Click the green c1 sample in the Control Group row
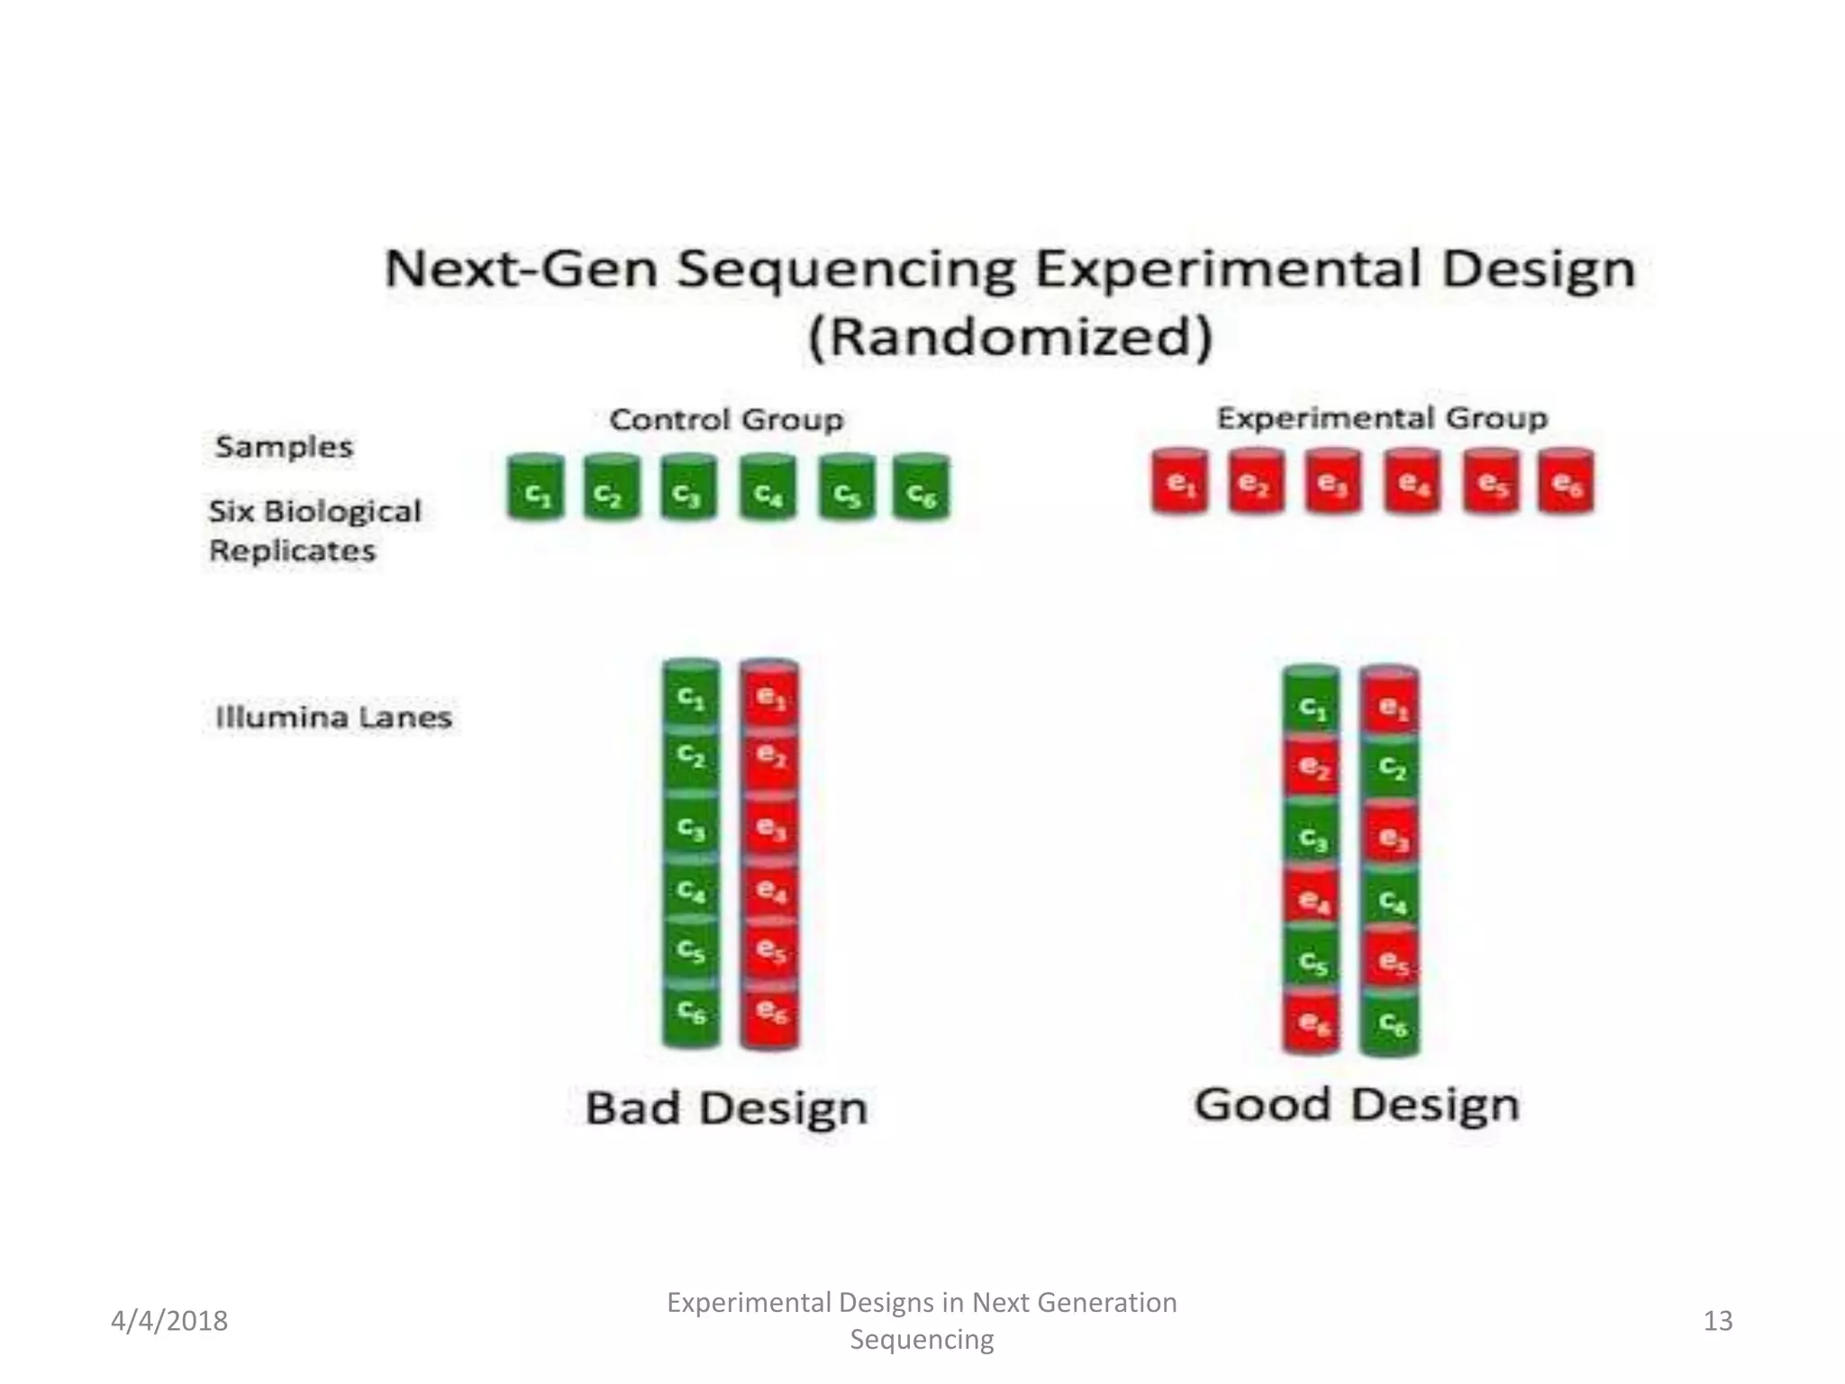[x=536, y=488]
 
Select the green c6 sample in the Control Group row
[x=921, y=488]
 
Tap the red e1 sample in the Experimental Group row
[x=1179, y=483]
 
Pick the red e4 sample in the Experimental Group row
[x=1412, y=483]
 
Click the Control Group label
[x=726, y=420]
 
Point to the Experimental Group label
[x=1382, y=418]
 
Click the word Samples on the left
[x=284, y=447]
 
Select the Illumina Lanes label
[x=333, y=718]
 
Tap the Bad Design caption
[x=726, y=1108]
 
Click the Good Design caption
[x=1357, y=1105]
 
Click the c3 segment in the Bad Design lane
[x=691, y=827]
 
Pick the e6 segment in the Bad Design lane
[x=769, y=1015]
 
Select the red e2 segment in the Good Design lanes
[x=1311, y=768]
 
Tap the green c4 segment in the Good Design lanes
[x=1390, y=901]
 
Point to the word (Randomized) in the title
[x=1010, y=338]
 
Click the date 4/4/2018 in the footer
[x=169, y=1321]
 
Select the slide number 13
[x=1718, y=1321]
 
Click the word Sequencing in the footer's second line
[x=922, y=1339]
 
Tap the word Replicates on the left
[x=292, y=551]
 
